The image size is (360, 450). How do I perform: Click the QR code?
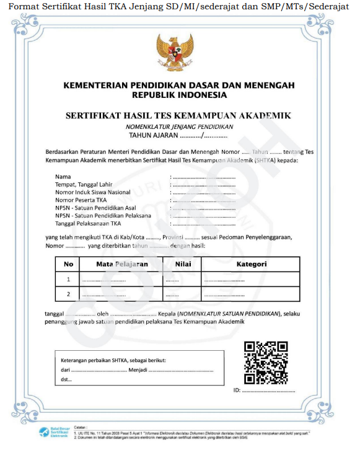click(266, 363)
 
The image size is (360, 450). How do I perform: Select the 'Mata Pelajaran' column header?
click(121, 264)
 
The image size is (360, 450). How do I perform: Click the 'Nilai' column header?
click(182, 264)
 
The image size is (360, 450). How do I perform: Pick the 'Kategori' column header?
click(251, 264)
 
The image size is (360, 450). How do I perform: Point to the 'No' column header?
click(68, 264)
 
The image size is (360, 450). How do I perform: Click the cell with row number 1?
click(68, 280)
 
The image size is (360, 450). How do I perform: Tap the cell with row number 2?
click(68, 294)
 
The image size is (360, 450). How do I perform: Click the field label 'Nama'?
click(63, 177)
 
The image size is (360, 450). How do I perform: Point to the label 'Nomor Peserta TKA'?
click(81, 200)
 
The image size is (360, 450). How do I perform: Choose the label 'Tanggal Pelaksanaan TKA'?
click(89, 223)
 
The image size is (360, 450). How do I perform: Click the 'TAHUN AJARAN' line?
click(178, 135)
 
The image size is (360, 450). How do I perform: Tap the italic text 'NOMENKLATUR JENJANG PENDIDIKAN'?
click(179, 126)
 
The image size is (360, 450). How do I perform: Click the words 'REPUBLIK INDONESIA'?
click(179, 95)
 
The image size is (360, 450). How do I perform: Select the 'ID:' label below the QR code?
click(237, 390)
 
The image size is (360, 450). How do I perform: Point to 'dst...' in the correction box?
click(66, 380)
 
